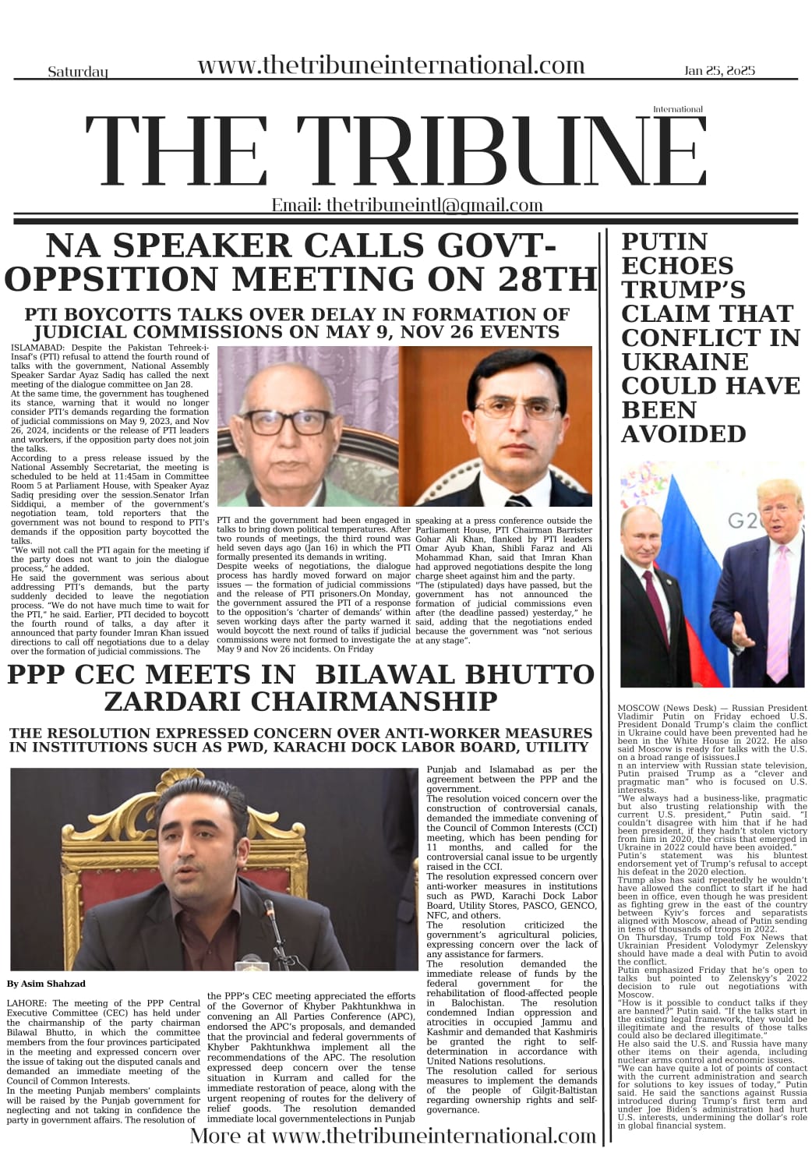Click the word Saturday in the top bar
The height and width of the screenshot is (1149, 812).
click(x=78, y=72)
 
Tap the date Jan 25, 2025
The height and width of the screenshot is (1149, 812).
click(x=719, y=70)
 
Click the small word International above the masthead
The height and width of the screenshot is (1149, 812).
click(x=677, y=109)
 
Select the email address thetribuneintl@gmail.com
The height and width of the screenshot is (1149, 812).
click(x=435, y=205)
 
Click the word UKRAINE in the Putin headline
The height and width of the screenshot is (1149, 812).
click(x=684, y=362)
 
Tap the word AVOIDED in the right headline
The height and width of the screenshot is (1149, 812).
click(x=683, y=433)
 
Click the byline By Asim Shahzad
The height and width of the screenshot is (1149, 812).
click(x=46, y=983)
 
